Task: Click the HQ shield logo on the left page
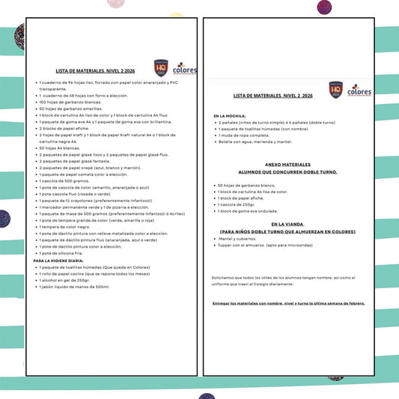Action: point(160,67)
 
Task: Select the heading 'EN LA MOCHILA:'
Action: point(228,117)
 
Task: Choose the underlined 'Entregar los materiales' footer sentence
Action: point(288,302)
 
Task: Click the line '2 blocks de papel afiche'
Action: point(67,128)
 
